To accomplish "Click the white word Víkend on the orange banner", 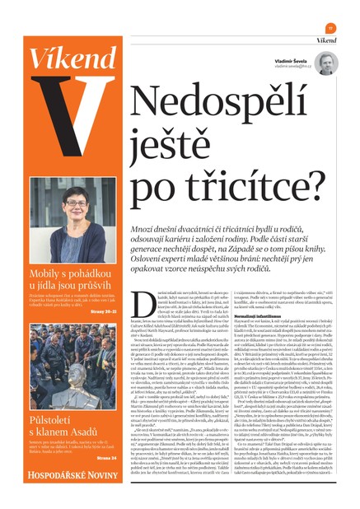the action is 66,60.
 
